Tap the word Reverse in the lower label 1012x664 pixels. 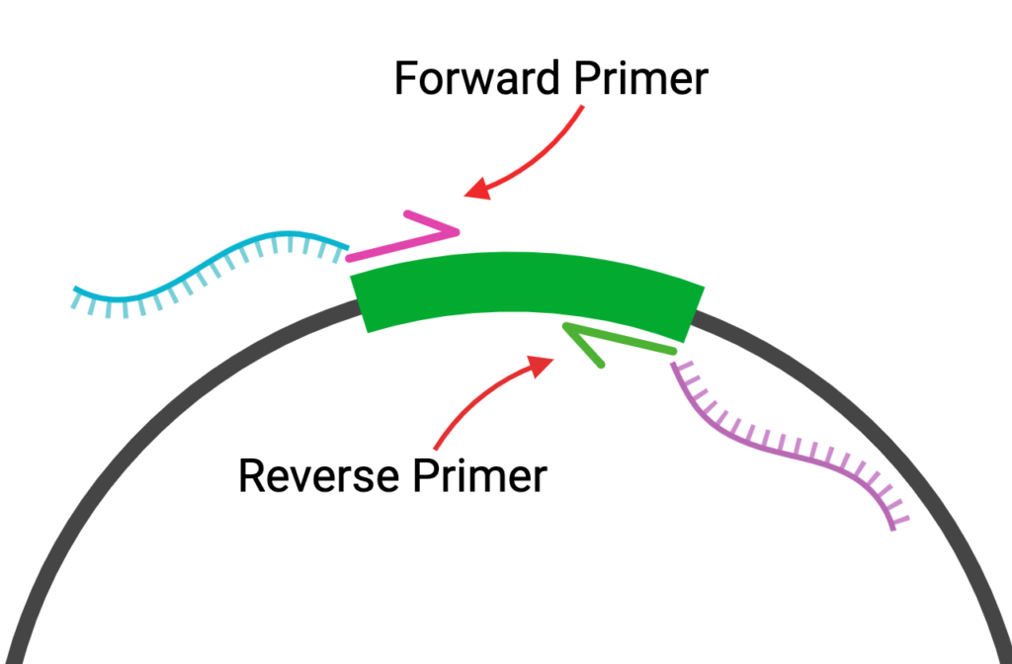(x=315, y=475)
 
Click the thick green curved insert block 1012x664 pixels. (x=529, y=287)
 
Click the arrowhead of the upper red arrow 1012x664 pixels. (x=475, y=191)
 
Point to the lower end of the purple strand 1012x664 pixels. (x=893, y=526)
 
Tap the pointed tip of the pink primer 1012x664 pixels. (x=458, y=232)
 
